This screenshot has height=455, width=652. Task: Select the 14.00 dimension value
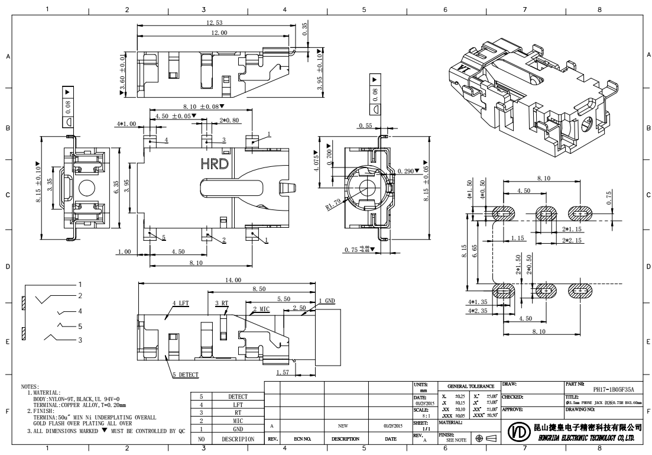(x=233, y=279)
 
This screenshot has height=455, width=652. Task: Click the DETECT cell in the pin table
(x=238, y=396)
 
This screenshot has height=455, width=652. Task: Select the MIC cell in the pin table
(x=238, y=421)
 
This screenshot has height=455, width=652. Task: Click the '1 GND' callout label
(x=327, y=301)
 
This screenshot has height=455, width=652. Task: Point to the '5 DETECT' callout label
(x=185, y=375)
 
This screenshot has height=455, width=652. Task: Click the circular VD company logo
(x=517, y=431)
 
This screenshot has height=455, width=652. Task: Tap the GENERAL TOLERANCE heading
(x=471, y=386)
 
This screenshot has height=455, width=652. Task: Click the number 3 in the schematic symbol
(x=81, y=340)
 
